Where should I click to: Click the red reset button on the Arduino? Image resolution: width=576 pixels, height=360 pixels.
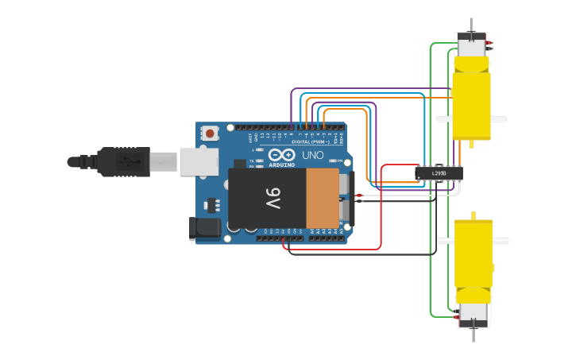210,134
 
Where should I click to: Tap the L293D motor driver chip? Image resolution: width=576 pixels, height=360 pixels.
439,172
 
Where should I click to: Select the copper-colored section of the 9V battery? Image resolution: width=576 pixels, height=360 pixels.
322,197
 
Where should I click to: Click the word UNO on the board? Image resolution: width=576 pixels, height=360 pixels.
313,155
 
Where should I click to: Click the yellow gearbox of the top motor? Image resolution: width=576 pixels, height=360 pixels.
471,99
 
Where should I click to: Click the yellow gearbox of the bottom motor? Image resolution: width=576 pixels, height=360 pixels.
474,254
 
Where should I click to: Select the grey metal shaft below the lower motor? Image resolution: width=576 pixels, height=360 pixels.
474,335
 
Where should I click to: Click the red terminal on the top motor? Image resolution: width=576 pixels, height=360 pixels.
489,44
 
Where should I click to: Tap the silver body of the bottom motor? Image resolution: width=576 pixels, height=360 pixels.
474,313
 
